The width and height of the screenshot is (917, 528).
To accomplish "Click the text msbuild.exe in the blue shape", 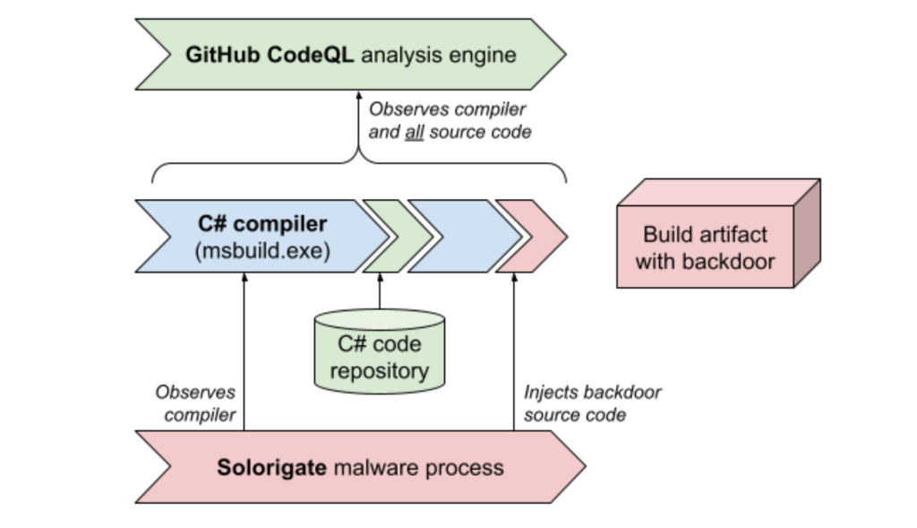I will coord(261,252).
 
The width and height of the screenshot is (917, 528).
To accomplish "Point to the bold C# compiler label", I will coord(262,224).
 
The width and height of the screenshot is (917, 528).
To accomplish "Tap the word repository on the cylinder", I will coord(379,370).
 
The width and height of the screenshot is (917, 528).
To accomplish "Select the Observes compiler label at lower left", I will coord(194,403).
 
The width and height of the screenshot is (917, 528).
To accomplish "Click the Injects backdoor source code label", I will coord(593,403).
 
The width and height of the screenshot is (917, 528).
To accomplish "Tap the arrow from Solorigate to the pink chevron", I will coord(515,359).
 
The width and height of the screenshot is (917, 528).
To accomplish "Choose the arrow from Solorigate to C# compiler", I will coord(244,359).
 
